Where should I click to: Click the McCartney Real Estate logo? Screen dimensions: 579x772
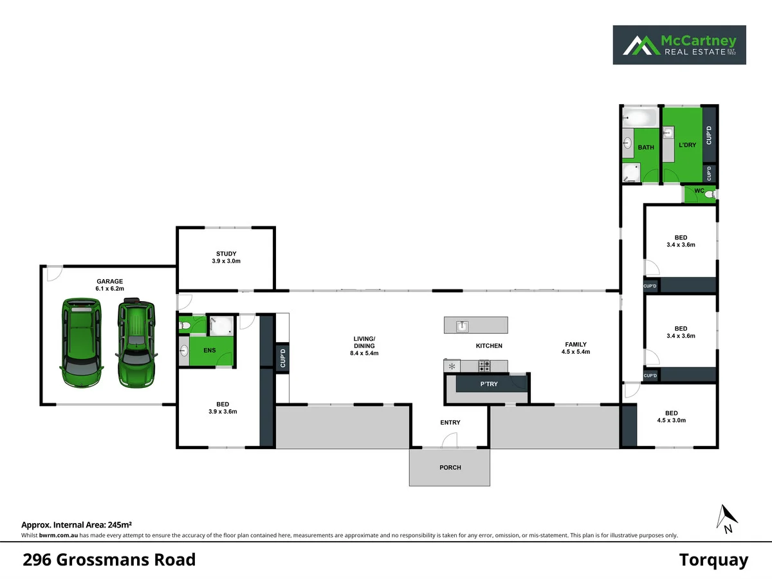679,45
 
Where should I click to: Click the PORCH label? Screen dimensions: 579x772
450,467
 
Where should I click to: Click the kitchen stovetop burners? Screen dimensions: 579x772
484,366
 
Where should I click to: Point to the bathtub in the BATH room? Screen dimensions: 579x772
639,118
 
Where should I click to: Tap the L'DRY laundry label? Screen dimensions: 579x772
688,145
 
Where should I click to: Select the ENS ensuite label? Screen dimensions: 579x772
209,351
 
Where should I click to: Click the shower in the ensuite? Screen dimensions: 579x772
222,326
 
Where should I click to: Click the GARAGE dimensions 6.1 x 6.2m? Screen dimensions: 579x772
110,289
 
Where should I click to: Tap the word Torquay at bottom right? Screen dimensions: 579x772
714,560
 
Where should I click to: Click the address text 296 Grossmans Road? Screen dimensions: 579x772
109,560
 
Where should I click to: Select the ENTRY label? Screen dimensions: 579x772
450,423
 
